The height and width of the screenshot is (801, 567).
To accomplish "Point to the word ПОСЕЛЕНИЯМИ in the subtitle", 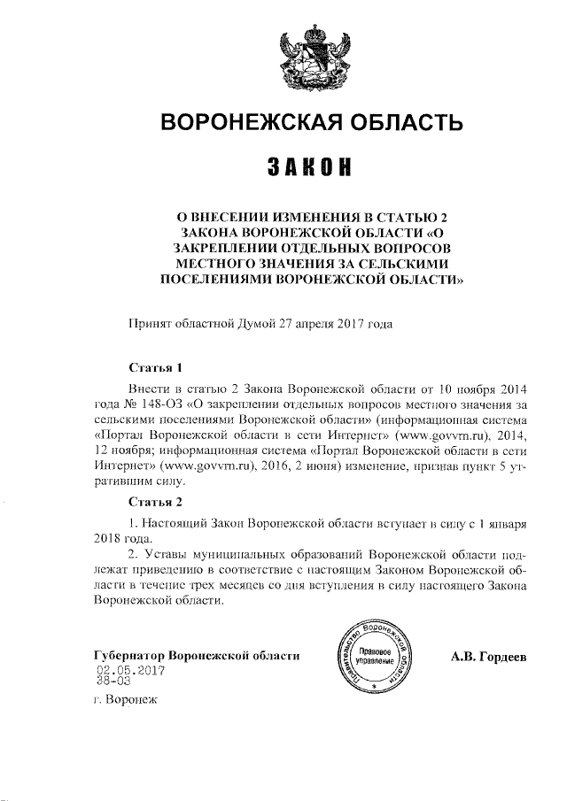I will pos(216,281).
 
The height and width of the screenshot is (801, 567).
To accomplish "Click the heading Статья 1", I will pos(156,367).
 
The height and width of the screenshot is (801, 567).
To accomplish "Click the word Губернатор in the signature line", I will pos(129,656).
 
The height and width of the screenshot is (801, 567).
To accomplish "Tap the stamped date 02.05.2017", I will pos(125,670).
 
